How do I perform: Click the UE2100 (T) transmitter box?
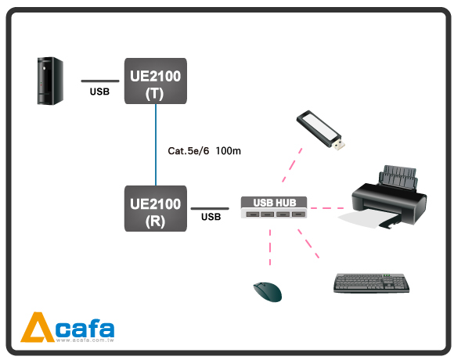(156, 81)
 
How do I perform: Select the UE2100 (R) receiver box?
(156, 208)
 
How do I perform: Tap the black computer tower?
(50, 81)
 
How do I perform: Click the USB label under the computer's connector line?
(99, 92)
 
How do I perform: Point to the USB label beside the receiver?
(211, 217)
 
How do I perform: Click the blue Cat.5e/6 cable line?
(156, 145)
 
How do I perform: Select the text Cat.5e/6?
(188, 151)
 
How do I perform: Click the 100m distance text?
(228, 151)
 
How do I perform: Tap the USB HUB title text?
(275, 203)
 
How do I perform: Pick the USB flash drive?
(320, 130)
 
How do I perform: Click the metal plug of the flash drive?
(338, 145)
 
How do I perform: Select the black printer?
(388, 196)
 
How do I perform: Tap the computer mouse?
(268, 292)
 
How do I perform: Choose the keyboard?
(372, 283)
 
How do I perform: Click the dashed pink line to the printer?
(327, 208)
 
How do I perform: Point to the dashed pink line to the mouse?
(270, 247)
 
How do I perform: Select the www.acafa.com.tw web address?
(85, 340)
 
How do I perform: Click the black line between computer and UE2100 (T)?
(100, 81)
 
